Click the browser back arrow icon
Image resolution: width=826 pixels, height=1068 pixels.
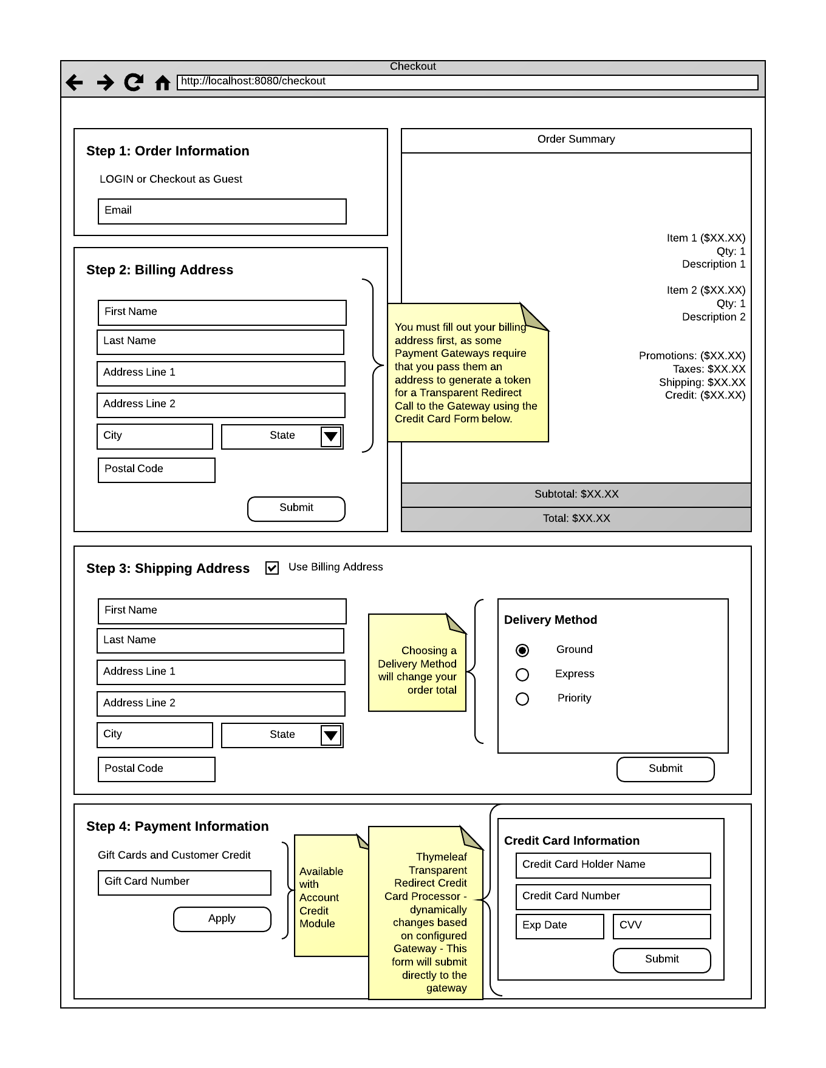(x=74, y=82)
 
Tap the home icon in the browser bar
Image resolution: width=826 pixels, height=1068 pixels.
(x=162, y=83)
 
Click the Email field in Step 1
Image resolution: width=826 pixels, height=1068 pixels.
(x=222, y=211)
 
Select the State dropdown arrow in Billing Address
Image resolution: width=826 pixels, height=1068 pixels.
(x=331, y=436)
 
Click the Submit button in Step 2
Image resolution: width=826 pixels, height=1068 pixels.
(x=296, y=509)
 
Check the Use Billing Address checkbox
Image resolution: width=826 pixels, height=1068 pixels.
(x=272, y=568)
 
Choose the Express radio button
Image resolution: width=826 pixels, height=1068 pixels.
(x=522, y=675)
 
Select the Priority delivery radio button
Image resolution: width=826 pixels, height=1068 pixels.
(x=522, y=699)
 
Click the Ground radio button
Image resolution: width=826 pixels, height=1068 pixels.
(x=522, y=651)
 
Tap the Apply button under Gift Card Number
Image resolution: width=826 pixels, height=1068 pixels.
(x=222, y=919)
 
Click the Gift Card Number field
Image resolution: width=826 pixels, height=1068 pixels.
(x=185, y=882)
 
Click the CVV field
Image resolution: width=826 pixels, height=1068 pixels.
(x=661, y=926)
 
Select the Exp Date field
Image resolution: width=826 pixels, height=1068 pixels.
(x=559, y=926)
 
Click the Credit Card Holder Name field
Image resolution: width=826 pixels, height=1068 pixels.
(x=613, y=865)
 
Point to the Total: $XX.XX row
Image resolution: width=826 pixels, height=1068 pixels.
(x=576, y=519)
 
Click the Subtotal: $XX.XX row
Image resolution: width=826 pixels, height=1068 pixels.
(x=576, y=495)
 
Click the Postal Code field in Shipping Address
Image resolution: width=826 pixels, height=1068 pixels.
(x=157, y=769)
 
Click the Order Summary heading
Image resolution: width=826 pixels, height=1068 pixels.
(x=576, y=140)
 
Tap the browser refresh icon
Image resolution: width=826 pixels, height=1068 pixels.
(x=134, y=82)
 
